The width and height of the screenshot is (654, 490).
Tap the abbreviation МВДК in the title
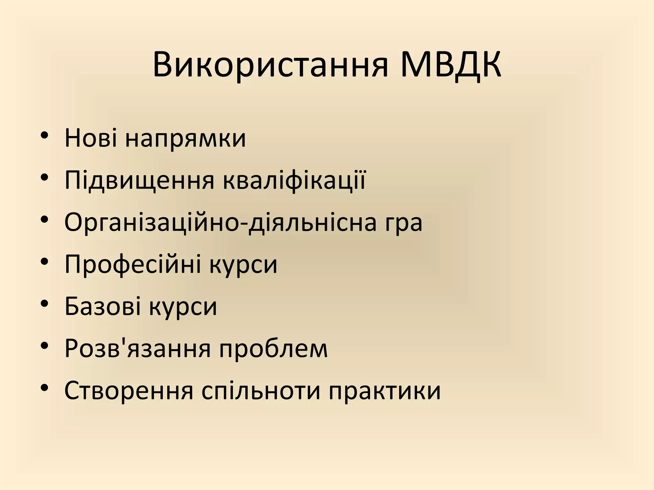(x=451, y=65)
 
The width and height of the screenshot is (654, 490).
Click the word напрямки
(x=186, y=139)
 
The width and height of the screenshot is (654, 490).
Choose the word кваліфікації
(x=294, y=180)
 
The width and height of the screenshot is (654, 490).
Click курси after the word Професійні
(x=244, y=265)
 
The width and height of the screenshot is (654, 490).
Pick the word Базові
(x=102, y=306)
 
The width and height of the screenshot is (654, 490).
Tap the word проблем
(x=273, y=349)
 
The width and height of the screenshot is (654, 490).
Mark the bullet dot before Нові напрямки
(x=45, y=135)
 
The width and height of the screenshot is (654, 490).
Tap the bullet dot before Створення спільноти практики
(x=45, y=387)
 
